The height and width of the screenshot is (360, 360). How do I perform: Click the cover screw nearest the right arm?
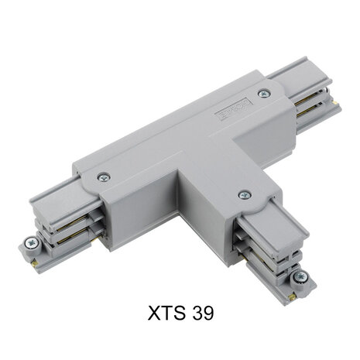click(x=265, y=94)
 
